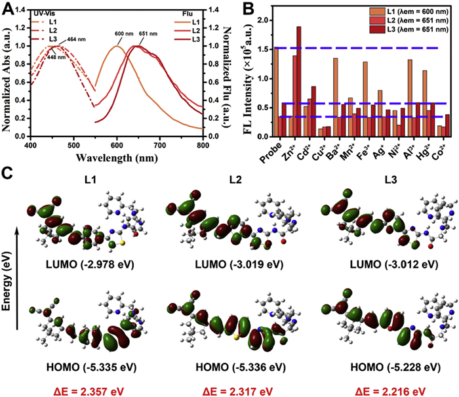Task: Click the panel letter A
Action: coord(9,7)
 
